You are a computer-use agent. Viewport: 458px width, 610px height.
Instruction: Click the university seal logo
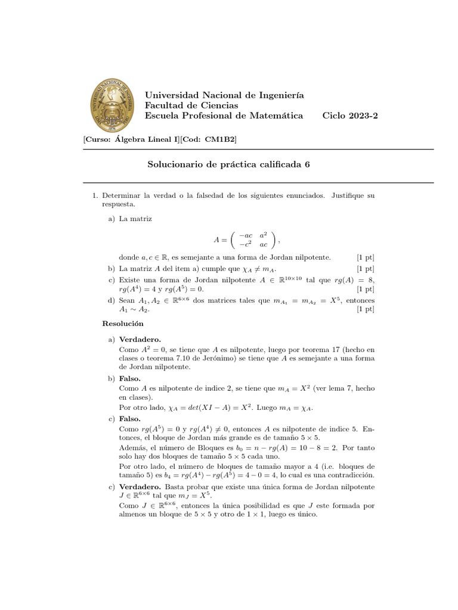[113, 106]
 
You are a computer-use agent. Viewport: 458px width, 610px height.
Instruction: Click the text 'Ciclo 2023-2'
[349, 116]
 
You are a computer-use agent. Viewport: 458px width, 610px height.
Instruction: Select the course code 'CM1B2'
[220, 139]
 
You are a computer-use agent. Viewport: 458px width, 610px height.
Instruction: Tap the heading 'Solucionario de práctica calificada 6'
[229, 164]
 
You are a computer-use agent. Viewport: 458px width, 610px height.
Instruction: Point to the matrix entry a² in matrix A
[264, 235]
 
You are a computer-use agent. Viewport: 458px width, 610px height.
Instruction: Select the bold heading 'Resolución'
[123, 323]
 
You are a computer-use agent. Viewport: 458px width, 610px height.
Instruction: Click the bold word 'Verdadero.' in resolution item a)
[140, 339]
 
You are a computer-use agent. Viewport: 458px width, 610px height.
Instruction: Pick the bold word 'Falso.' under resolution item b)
[130, 378]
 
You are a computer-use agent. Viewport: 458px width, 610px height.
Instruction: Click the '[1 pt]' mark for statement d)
[365, 310]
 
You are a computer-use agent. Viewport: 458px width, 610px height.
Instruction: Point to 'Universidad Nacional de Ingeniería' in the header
[225, 95]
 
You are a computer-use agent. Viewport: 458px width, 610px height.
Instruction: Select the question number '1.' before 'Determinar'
[94, 195]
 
